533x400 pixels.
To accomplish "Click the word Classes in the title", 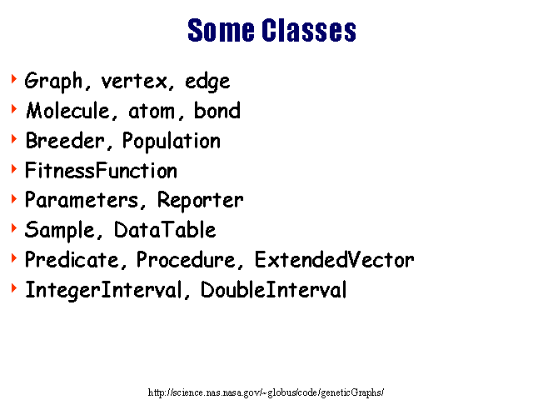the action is tap(309, 30).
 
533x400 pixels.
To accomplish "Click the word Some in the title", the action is tap(221, 30).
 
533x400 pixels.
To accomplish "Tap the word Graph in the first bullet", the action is tap(53, 82).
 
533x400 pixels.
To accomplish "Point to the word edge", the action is tap(207, 82).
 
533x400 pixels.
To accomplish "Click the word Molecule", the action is tap(67, 111).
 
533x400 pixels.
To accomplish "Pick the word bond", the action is tap(217, 110).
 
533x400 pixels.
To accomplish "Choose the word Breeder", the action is tap(65, 141).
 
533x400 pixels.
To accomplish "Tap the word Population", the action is tap(172, 141).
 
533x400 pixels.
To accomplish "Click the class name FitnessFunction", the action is tap(101, 170).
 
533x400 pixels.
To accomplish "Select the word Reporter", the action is tap(200, 200).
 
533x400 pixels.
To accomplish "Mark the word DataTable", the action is tap(165, 230).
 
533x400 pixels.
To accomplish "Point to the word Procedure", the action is tap(186, 259).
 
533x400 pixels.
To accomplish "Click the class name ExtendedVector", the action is tap(335, 259).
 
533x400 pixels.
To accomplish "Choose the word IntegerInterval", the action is tap(103, 291).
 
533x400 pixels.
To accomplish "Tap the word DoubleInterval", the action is tap(274, 290).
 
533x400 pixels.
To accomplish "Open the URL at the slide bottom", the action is tap(266, 392).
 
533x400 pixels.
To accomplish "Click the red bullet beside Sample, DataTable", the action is tap(14, 228).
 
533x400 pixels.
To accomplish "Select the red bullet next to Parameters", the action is tap(14, 198).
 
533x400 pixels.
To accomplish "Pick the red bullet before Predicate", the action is tap(14, 258).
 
